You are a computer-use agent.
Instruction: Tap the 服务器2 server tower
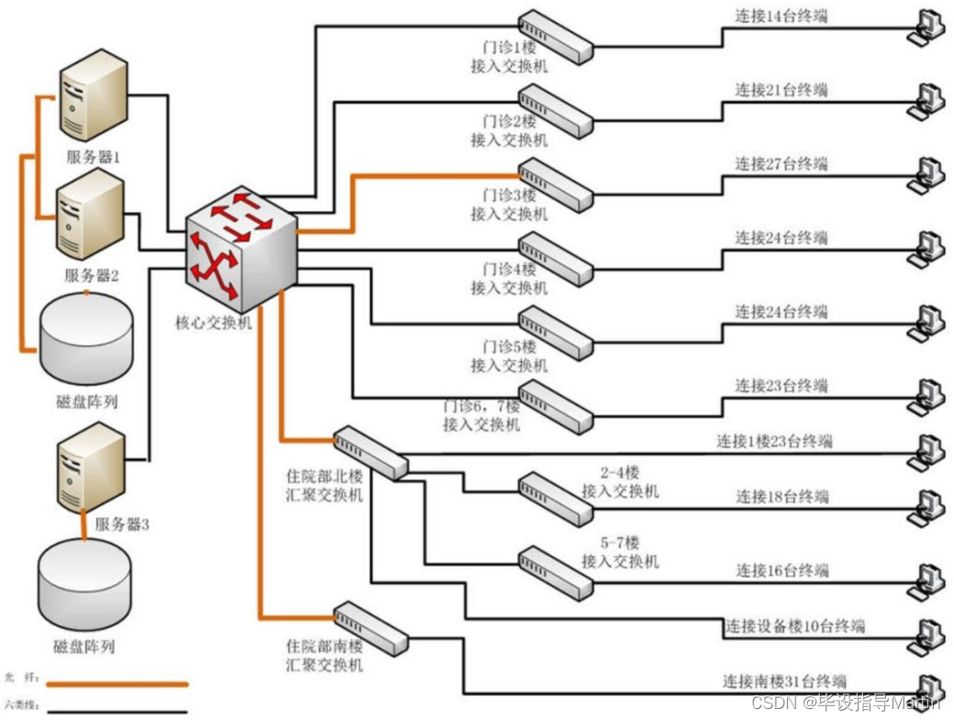90,215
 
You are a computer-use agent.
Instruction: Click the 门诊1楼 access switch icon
555,36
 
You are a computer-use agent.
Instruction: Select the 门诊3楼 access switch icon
555,183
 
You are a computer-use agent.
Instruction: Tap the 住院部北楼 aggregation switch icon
370,452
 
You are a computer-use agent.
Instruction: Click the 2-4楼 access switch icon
555,499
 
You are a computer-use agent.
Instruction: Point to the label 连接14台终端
781,16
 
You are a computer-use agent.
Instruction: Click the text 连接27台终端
781,163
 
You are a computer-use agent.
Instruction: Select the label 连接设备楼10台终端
795,626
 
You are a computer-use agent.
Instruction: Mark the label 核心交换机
213,322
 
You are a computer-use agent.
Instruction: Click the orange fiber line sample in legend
117,684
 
